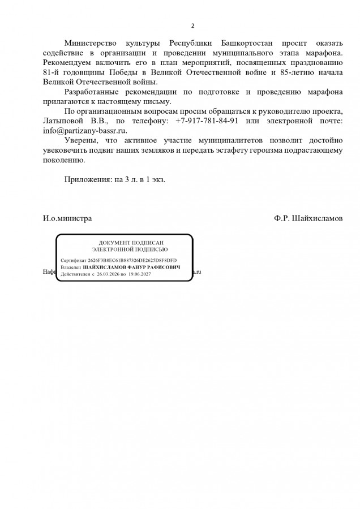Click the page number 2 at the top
[192, 26]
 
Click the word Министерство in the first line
[92, 43]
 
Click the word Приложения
[88, 178]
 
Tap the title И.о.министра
[67, 218]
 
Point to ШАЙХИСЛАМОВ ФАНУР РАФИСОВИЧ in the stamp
[131, 267]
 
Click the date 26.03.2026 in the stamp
[109, 274]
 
